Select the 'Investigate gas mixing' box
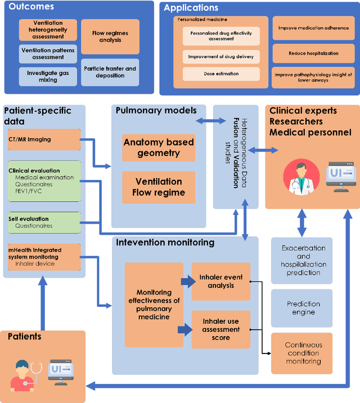coord(48,76)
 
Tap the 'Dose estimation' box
coord(221,74)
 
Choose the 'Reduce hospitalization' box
coord(313,53)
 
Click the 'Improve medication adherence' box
coord(313,28)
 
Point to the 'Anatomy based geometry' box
coord(159,148)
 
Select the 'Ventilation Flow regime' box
coord(159,187)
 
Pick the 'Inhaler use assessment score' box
coord(221,329)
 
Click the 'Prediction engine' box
coord(303,308)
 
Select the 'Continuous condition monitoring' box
coord(303,353)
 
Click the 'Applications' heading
coord(191,8)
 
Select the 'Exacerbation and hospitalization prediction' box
coord(303,260)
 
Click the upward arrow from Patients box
coord(42,304)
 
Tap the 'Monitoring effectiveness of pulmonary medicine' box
coord(150,304)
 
